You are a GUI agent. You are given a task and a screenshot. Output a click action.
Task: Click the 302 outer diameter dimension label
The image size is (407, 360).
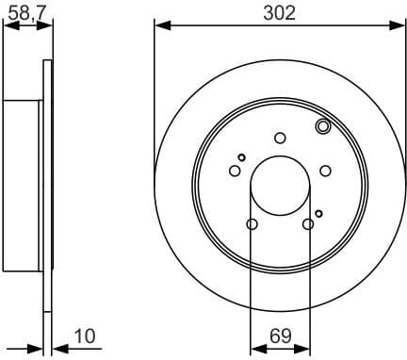pos(280,12)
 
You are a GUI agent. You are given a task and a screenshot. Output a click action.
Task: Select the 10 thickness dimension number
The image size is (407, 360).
pos(86,336)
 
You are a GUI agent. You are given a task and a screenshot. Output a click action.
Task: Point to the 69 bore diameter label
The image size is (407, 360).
pos(280,336)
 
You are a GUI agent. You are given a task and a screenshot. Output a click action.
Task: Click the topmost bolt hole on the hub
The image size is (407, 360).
pos(280,138)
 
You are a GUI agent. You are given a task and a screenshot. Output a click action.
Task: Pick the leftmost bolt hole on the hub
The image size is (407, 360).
pos(235,171)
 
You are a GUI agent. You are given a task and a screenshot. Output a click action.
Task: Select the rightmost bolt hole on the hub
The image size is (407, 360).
pos(325,171)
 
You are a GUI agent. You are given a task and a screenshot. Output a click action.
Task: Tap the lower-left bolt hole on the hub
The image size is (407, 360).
pos(252,223)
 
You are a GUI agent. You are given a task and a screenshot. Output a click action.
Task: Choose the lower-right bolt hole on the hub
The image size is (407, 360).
pos(308,223)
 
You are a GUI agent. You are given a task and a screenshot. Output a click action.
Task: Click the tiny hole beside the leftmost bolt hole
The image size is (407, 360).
pos(242,157)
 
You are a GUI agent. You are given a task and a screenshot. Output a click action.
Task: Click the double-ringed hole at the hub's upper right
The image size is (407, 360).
pos(322,126)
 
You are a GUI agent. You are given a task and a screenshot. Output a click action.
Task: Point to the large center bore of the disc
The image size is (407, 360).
pos(280,185)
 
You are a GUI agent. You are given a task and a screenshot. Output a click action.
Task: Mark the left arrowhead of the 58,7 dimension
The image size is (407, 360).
pos(8,26)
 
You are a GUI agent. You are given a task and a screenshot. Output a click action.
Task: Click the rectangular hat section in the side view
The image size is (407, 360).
pos(24,184)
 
